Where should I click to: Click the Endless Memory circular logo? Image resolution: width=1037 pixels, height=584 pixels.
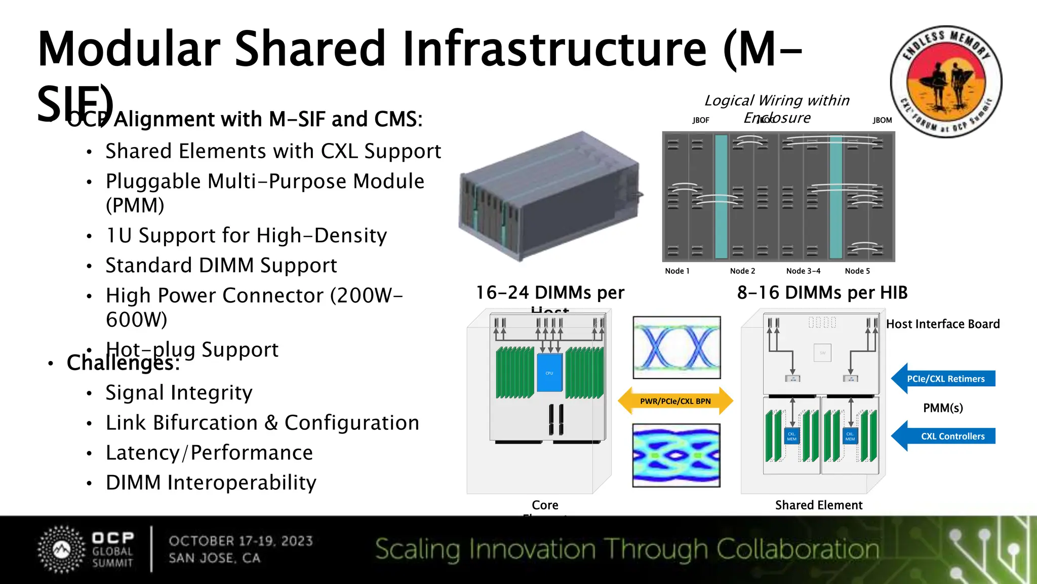tap(946, 82)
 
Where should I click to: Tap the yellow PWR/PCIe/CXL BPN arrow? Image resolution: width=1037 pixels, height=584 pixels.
tap(675, 401)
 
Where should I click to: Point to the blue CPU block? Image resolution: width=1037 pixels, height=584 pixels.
tap(549, 373)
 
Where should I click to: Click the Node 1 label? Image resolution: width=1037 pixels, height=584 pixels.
tap(677, 271)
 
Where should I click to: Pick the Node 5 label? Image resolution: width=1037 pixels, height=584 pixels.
tap(857, 271)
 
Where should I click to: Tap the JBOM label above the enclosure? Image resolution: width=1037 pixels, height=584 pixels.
tap(882, 120)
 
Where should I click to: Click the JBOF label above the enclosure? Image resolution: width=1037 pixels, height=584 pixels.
tap(701, 120)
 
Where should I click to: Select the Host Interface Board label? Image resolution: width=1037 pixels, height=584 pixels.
tap(943, 324)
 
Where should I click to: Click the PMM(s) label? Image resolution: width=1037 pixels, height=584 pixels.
tap(943, 408)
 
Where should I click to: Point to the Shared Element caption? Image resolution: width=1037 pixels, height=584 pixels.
tap(819, 505)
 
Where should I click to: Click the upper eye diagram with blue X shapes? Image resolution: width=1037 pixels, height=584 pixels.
tap(676, 348)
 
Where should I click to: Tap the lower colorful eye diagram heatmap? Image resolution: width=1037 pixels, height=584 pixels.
tap(676, 455)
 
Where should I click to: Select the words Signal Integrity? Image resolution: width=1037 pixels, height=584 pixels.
tap(179, 393)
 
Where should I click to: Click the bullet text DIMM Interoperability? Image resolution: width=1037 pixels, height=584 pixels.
tap(211, 483)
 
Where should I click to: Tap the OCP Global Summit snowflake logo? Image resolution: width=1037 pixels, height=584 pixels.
tap(62, 550)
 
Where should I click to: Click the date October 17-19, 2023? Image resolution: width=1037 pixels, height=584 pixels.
tap(241, 541)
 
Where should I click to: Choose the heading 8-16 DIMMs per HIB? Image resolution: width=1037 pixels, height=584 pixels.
tap(822, 293)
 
